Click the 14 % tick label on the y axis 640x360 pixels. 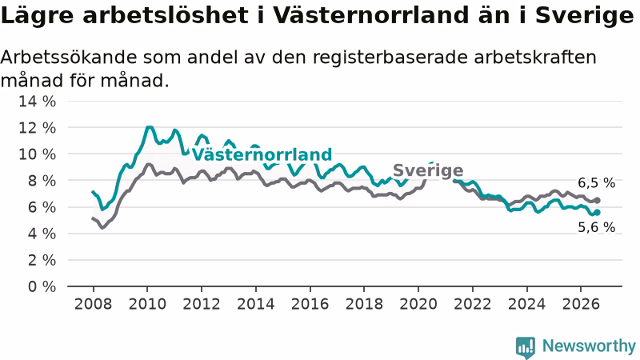tap(37, 102)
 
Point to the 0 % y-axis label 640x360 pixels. tap(42, 286)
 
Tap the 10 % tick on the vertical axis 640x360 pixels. tap(37, 154)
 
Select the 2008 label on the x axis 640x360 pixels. tap(93, 304)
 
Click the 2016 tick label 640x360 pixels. tap(310, 304)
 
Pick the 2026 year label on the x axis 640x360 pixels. tap(581, 304)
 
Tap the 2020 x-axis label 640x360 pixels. tap(418, 304)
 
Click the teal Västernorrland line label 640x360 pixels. tap(262, 154)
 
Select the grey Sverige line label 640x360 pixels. tap(428, 170)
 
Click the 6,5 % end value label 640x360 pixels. tap(596, 183)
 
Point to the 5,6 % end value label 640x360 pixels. tap(596, 227)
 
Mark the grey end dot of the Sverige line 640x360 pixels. tap(597, 201)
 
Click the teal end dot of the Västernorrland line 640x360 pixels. tap(597, 212)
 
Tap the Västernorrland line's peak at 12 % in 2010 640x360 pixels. tap(150, 127)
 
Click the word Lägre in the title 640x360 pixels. tap(38, 16)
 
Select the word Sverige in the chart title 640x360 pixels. tap(585, 16)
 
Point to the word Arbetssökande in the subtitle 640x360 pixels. tap(69, 57)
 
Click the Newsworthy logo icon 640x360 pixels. tap(526, 347)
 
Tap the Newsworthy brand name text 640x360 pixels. tap(589, 346)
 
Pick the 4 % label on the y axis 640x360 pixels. tap(42, 234)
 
